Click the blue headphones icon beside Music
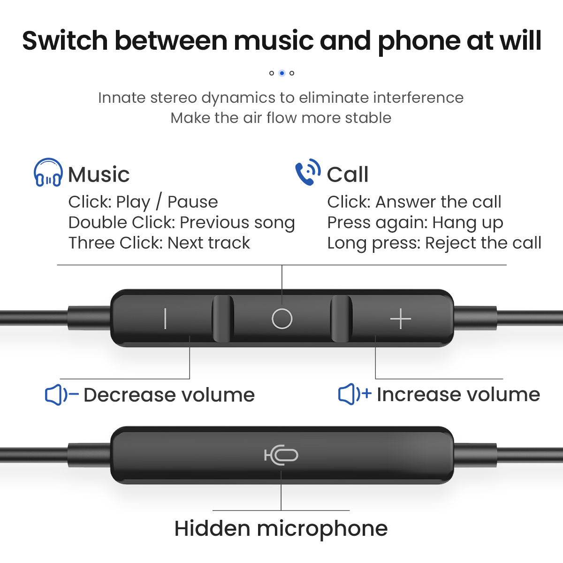(x=48, y=172)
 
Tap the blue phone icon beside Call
(x=308, y=172)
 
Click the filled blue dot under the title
(x=281, y=73)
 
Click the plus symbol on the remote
(x=401, y=319)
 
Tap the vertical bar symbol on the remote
(x=165, y=319)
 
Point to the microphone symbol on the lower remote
(x=281, y=455)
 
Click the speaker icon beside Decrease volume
(x=61, y=395)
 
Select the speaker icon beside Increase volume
(x=355, y=394)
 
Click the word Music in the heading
(x=99, y=175)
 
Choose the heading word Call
(x=348, y=175)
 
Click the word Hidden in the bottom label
(x=213, y=528)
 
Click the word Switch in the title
(x=65, y=40)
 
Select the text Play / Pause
(x=167, y=202)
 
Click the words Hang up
(x=468, y=223)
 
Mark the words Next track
(x=209, y=243)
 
